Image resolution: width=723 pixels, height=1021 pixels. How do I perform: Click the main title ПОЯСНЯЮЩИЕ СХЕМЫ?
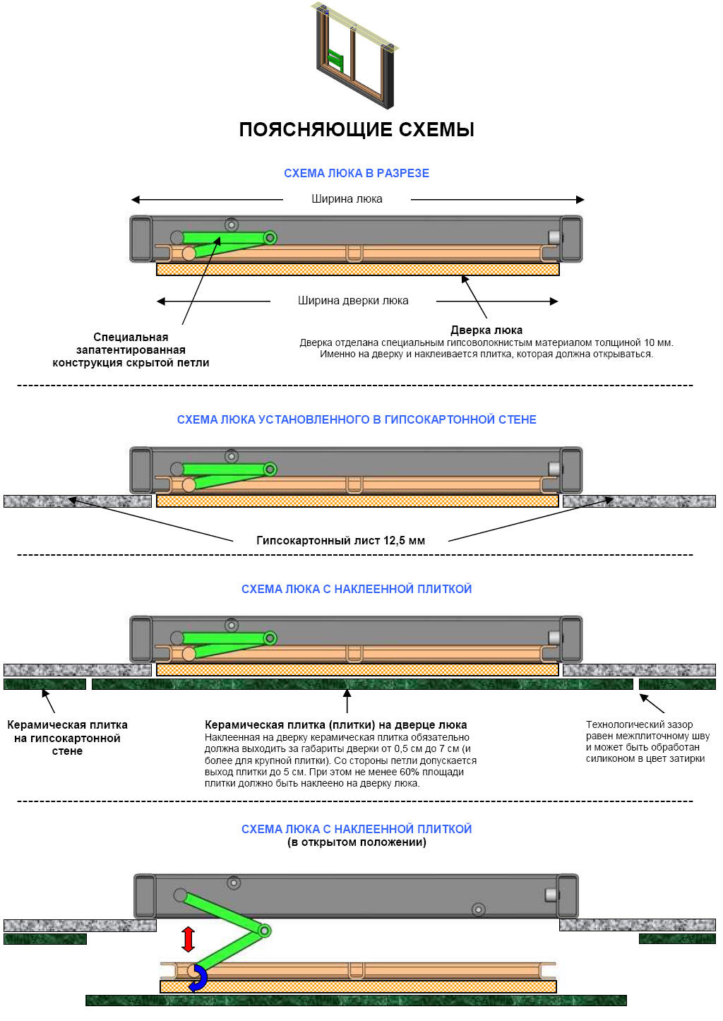coord(357,130)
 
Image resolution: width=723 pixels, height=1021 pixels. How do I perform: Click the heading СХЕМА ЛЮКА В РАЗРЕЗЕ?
coord(357,173)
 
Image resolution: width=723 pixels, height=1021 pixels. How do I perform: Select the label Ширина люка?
coord(347,199)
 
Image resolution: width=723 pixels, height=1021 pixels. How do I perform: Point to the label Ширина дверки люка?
coord(353,301)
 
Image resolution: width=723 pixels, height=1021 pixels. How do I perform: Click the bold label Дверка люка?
coord(486,330)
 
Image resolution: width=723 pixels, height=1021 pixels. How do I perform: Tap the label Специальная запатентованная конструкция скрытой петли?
coord(131,350)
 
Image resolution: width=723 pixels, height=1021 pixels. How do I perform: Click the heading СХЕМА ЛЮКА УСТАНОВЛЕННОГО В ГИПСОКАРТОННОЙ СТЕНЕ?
coord(357,419)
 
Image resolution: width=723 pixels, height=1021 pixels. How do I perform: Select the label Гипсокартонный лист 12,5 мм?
coord(340,541)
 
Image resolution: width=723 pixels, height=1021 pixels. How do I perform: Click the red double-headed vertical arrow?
coord(188,939)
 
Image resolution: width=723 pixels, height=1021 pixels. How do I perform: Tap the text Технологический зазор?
coord(639,724)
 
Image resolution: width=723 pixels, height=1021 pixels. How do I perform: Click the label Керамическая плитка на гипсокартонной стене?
coord(67,738)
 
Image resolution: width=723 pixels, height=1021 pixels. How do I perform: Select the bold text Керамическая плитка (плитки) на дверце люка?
coord(335,724)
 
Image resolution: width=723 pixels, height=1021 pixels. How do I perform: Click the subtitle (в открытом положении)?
coord(357,842)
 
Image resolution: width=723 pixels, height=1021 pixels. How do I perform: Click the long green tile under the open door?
coord(356,1001)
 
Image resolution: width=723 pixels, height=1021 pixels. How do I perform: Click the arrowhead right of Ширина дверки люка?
coord(554,301)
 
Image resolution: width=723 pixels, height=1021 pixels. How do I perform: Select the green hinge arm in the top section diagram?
coord(226,240)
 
